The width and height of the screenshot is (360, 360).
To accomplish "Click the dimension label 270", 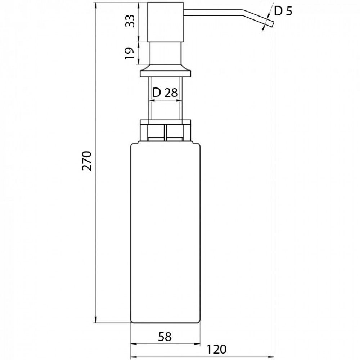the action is [x=87, y=161].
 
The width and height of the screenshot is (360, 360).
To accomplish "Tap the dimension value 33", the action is [x=130, y=21].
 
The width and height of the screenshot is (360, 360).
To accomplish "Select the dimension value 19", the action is [x=130, y=53].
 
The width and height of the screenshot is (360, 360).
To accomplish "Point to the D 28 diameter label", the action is [x=165, y=93].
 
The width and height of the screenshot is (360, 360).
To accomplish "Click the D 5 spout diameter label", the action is [x=283, y=11].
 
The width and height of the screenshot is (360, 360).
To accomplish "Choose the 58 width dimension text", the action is [x=165, y=337].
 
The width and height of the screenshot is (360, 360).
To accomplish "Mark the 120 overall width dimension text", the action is [x=217, y=349].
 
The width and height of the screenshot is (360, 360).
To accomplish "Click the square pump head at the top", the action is [x=165, y=22].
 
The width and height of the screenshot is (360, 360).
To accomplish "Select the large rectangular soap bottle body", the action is [x=165, y=233].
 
